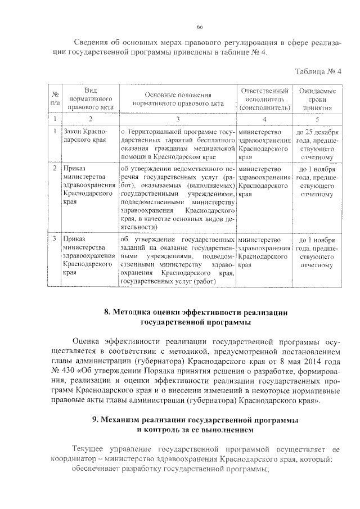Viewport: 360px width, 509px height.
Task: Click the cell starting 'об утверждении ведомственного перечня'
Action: (x=178, y=197)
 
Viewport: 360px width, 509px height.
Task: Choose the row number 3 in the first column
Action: (x=54, y=239)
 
